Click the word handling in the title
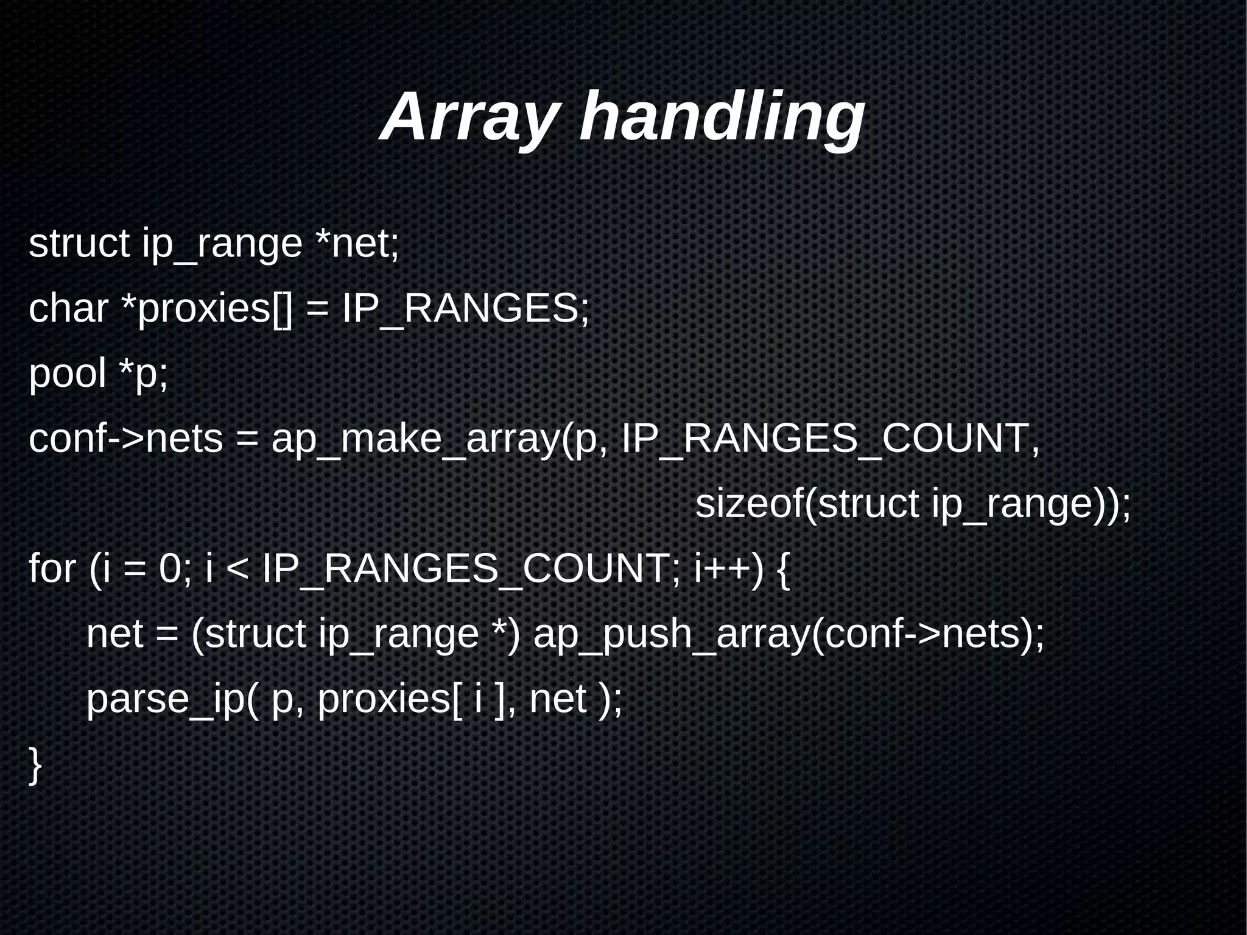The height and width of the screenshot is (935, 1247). coord(722,117)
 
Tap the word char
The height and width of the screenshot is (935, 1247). coord(68,308)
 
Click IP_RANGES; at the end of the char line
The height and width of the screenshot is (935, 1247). coord(466,308)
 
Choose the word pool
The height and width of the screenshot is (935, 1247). coord(68,374)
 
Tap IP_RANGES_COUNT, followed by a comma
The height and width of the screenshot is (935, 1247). coord(831,439)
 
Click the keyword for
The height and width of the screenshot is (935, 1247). coord(52,569)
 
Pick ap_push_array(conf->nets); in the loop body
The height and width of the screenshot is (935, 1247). coord(789,635)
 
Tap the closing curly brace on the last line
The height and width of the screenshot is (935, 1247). coord(35,765)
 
